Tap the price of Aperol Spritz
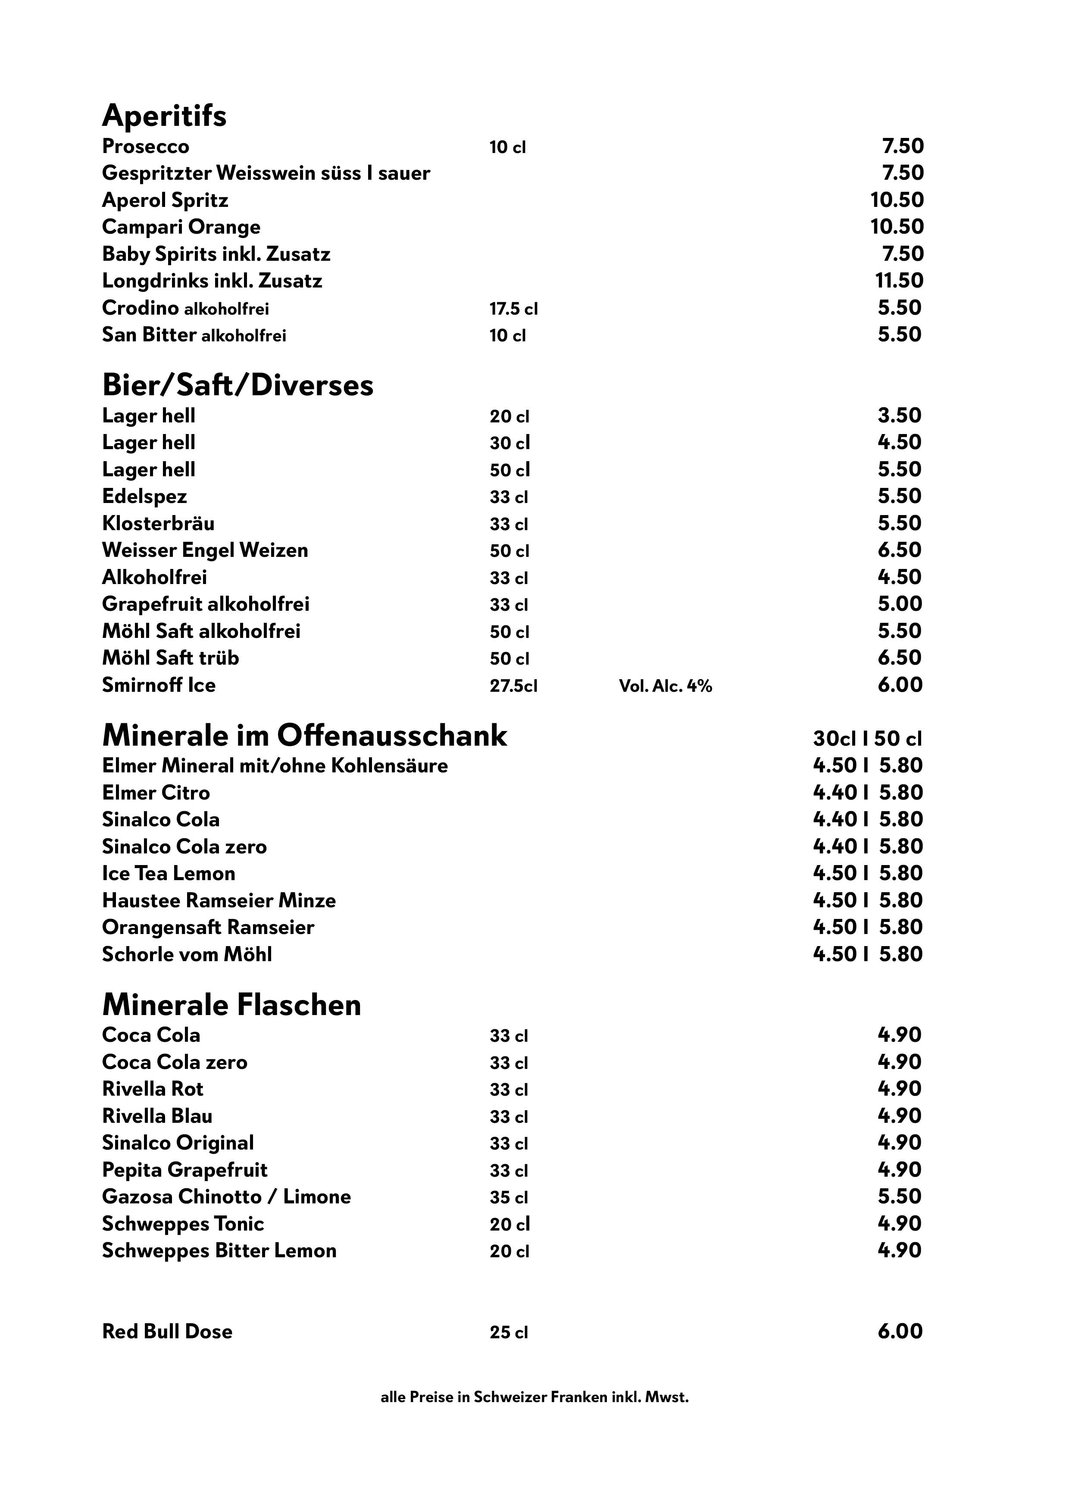pyautogui.click(x=897, y=200)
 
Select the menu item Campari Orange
pyautogui.click(x=181, y=227)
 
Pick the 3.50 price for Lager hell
pyautogui.click(x=899, y=415)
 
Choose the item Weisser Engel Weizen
pyautogui.click(x=205, y=550)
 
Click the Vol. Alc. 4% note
pyautogui.click(x=665, y=686)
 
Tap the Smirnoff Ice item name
pyautogui.click(x=159, y=686)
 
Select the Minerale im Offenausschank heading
pyautogui.click(x=304, y=736)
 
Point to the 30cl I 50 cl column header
pyautogui.click(x=867, y=739)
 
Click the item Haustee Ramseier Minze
pyautogui.click(x=219, y=900)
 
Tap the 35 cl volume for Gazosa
pyautogui.click(x=509, y=1198)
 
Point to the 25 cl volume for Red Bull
pyautogui.click(x=509, y=1333)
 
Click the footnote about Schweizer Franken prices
pyautogui.click(x=534, y=1397)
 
